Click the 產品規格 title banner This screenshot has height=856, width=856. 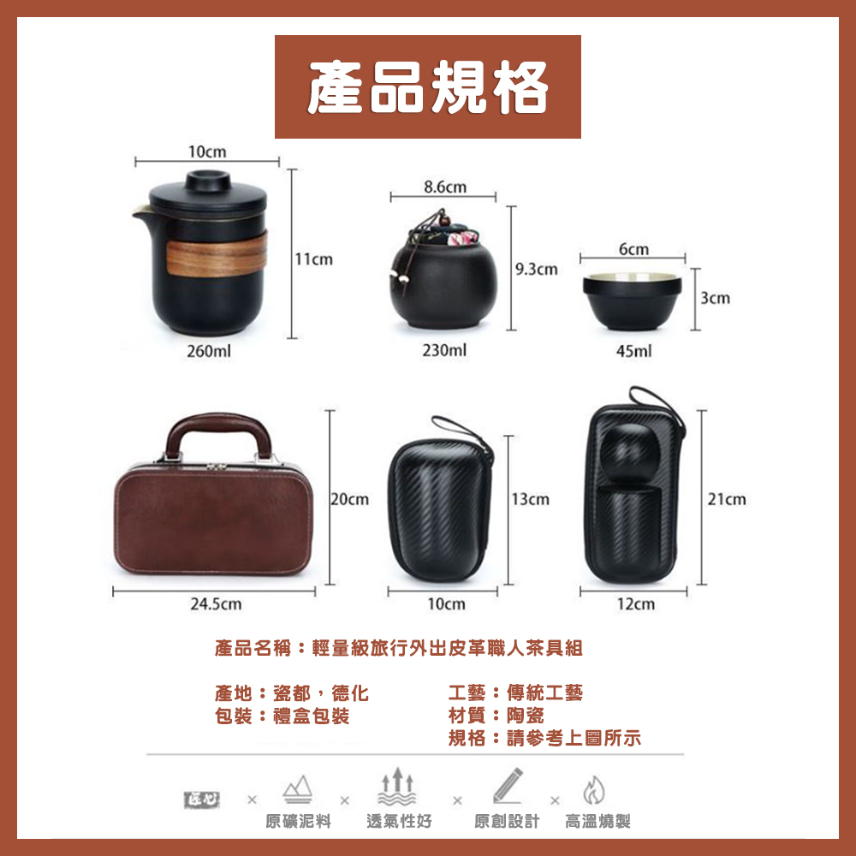428,86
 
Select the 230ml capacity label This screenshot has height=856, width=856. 444,351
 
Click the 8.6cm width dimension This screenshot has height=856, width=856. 444,186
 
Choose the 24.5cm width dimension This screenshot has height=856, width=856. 215,604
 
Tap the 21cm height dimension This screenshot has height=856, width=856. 727,499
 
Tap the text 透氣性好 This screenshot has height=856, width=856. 399,822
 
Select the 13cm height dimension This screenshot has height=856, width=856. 530,499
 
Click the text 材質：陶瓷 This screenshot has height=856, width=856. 496,716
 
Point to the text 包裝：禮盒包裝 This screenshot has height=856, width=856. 282,716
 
